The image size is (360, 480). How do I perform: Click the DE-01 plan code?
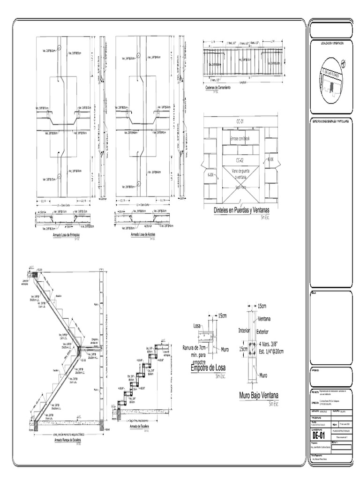317,435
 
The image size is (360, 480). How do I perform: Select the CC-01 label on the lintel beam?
240,121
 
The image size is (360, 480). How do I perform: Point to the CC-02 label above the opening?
240,160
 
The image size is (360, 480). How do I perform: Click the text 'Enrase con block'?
240,139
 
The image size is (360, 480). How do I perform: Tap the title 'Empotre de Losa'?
208,368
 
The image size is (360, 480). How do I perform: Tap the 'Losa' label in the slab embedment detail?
196,325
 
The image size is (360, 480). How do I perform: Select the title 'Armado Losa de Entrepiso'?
66,234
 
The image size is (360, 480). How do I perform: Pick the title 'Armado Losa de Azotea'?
143,234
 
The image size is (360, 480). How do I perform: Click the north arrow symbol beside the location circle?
344,63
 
